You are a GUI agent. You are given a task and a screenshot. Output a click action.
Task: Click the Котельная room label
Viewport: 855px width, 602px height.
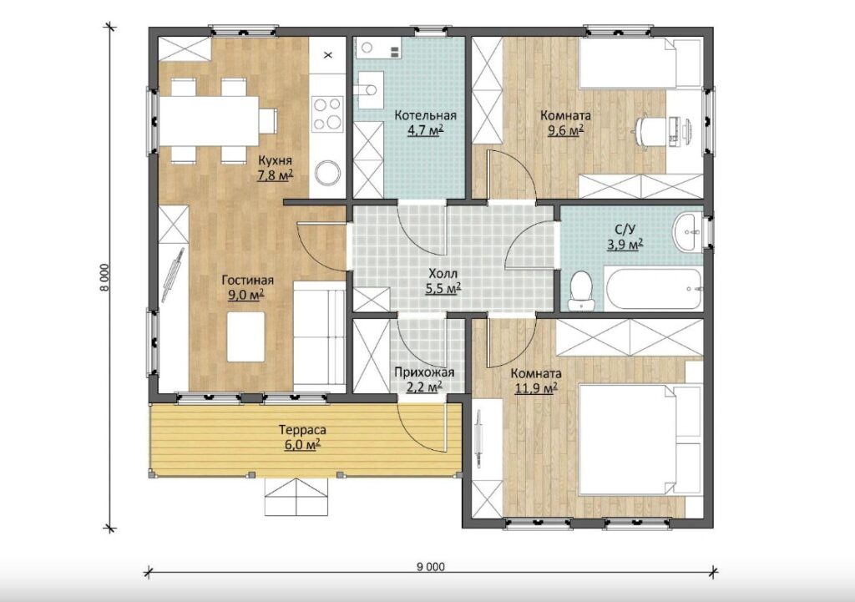click(425, 115)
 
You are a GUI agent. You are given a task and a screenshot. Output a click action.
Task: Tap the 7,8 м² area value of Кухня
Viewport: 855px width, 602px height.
click(276, 175)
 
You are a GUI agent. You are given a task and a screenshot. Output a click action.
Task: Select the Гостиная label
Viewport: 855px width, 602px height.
click(247, 281)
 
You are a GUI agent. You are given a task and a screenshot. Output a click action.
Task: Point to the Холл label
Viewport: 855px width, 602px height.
click(443, 274)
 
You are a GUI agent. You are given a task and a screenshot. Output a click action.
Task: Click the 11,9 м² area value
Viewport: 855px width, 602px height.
click(536, 388)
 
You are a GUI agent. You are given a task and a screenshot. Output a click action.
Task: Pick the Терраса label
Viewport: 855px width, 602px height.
click(302, 430)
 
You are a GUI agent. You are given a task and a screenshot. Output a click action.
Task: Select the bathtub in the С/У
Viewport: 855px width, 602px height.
click(652, 287)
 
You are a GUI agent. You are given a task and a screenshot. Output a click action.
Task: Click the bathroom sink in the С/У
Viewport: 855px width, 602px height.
click(688, 232)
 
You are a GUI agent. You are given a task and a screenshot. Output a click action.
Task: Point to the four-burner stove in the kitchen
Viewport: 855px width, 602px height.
click(327, 114)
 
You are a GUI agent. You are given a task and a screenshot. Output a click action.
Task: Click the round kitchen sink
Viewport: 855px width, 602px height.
click(327, 173)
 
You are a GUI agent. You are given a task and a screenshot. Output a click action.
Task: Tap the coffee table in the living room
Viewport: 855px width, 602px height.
click(246, 336)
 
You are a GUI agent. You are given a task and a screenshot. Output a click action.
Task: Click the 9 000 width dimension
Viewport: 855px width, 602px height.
click(431, 567)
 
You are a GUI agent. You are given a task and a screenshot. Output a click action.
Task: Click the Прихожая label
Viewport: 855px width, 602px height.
click(424, 373)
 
